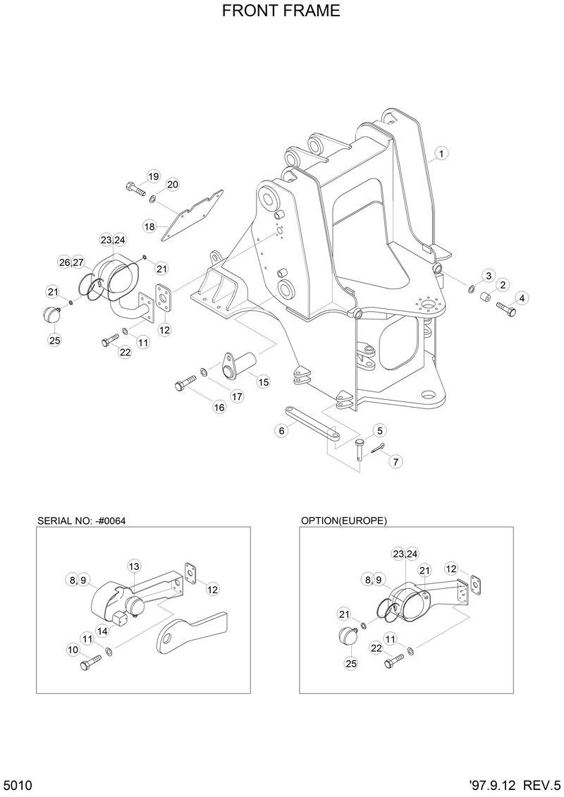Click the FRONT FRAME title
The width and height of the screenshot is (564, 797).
[x=281, y=11]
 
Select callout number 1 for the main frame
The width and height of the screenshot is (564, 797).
[x=441, y=153]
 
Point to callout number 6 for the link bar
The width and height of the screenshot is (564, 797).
[x=282, y=430]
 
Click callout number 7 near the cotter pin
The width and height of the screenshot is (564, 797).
[x=396, y=462]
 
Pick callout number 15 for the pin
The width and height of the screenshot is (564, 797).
[x=263, y=382]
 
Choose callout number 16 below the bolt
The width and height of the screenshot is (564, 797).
[x=219, y=406]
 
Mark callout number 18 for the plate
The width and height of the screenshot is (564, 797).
[x=149, y=226]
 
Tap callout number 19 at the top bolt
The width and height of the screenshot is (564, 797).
[x=153, y=176]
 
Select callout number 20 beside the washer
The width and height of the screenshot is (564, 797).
[x=173, y=185]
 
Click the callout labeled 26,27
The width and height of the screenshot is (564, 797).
[x=71, y=262]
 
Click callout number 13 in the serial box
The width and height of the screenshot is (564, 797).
[x=134, y=566]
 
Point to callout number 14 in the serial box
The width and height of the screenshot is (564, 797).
[x=102, y=631]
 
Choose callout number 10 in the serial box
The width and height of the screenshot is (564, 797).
[x=73, y=649]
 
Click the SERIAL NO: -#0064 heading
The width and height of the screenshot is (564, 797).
[x=85, y=521]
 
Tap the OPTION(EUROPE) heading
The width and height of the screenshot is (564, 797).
[x=344, y=521]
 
